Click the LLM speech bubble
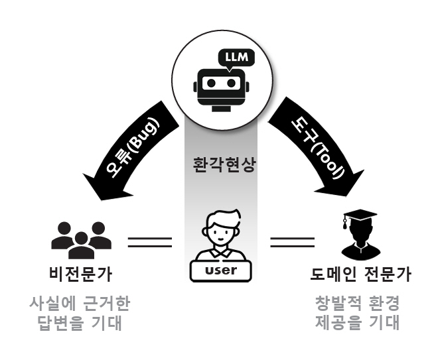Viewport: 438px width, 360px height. pyautogui.click(x=236, y=57)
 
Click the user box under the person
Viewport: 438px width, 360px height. pyautogui.click(x=220, y=270)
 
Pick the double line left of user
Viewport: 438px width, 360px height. pyautogui.click(x=149, y=241)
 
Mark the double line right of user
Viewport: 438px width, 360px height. pyautogui.click(x=291, y=241)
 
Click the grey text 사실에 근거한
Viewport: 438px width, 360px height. pyautogui.click(x=80, y=304)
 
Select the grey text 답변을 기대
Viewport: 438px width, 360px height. pyautogui.click(x=80, y=323)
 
